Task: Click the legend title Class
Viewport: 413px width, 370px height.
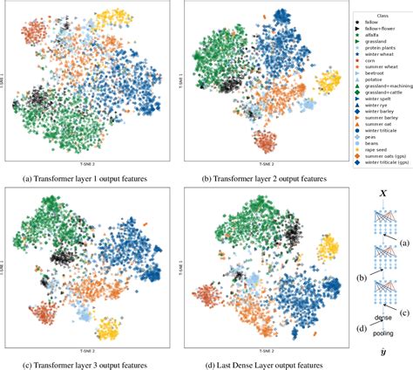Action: coord(379,14)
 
